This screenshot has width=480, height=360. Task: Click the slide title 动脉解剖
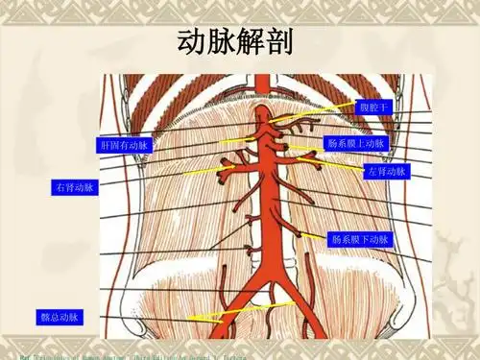tap(237, 42)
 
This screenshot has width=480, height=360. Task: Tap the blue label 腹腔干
tap(373, 108)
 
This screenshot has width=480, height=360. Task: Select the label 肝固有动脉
tap(125, 145)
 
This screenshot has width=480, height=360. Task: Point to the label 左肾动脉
tap(386, 172)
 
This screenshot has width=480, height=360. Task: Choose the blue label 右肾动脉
tap(74, 188)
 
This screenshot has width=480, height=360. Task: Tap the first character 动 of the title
tap(194, 42)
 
